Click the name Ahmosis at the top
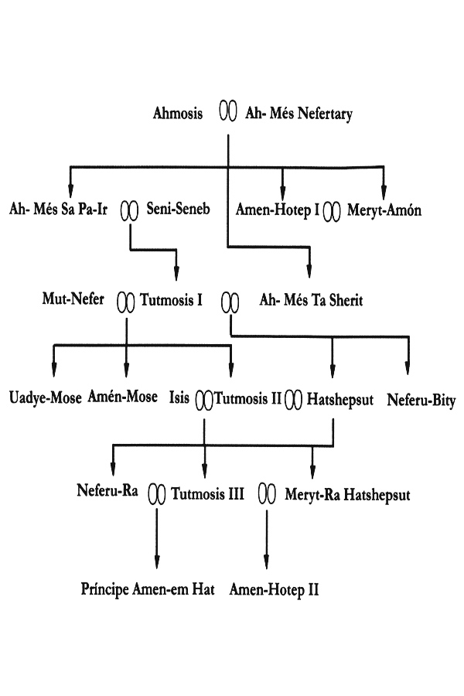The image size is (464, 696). (x=178, y=113)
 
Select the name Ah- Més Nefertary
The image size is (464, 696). (x=299, y=114)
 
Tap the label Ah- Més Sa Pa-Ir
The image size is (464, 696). (x=58, y=209)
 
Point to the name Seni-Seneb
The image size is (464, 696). (x=178, y=208)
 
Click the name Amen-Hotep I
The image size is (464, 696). (x=278, y=210)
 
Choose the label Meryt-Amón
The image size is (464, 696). (x=384, y=210)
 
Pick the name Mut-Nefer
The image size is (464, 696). (x=73, y=299)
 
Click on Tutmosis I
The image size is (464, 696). (x=172, y=300)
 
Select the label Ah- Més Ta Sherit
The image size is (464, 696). (x=311, y=300)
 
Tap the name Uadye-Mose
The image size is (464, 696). (x=46, y=397)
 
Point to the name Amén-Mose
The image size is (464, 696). (x=122, y=396)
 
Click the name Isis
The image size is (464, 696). (x=179, y=397)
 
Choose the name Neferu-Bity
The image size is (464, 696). (x=421, y=401)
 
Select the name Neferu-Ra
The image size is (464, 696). (x=107, y=490)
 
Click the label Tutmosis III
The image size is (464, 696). (x=208, y=493)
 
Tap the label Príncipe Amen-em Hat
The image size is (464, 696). (x=148, y=589)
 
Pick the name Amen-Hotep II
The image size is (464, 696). (x=274, y=590)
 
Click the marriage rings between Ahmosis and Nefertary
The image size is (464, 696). (x=228, y=111)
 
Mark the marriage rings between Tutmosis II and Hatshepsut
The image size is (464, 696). (x=294, y=400)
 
